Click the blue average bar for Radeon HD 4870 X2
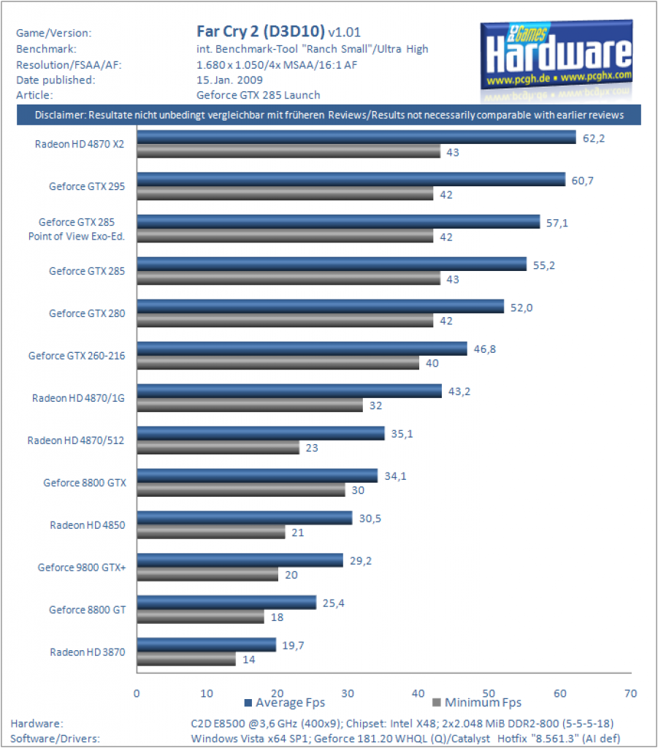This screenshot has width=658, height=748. pos(356,137)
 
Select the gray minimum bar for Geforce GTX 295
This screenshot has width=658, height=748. pos(285,193)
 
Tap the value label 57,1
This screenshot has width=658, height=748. pos(557,224)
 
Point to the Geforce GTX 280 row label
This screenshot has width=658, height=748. pos(87,313)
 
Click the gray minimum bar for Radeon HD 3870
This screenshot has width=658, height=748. pos(186,660)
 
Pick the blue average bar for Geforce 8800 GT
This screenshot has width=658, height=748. pos(226,603)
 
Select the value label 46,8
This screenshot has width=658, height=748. pos(484,350)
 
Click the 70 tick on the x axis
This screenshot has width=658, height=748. pos(630,693)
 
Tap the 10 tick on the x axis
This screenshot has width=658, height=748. pos(207,693)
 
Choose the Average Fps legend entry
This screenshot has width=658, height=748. pos(285,703)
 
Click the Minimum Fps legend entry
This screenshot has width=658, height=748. pos(477,703)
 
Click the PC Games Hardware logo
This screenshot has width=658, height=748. pos(556,60)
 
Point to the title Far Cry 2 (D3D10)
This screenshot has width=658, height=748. pos(260,31)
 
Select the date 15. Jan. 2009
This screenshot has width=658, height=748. pos(229,80)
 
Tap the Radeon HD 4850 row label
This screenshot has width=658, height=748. pos(87,525)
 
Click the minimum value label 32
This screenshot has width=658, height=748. pos(375,406)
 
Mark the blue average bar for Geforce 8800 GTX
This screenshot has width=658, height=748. pos(258,476)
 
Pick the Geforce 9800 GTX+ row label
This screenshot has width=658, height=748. pos(82,568)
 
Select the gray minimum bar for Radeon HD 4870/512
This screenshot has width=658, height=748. pos(218,448)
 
